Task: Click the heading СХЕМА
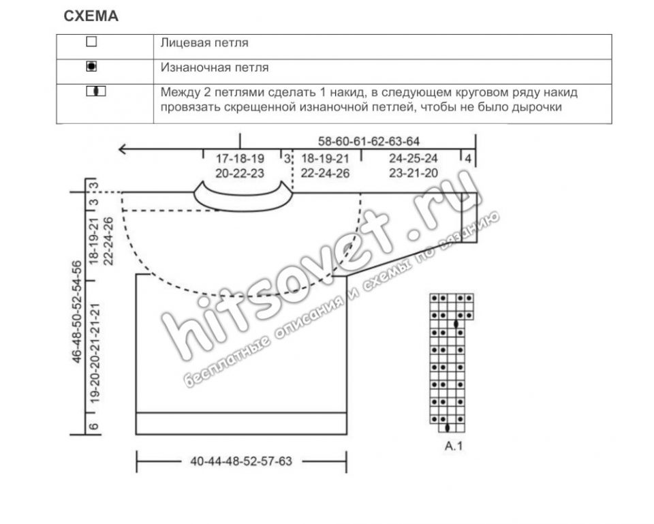click(91, 16)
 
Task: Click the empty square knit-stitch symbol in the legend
click(91, 42)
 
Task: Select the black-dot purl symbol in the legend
click(91, 66)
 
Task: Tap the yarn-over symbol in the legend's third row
click(96, 91)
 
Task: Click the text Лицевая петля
click(204, 43)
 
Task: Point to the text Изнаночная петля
click(215, 67)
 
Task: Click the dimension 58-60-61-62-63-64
click(369, 141)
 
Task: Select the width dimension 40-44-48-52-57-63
click(241, 461)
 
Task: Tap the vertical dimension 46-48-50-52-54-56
click(77, 312)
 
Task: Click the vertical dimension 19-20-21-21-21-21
click(95, 353)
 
